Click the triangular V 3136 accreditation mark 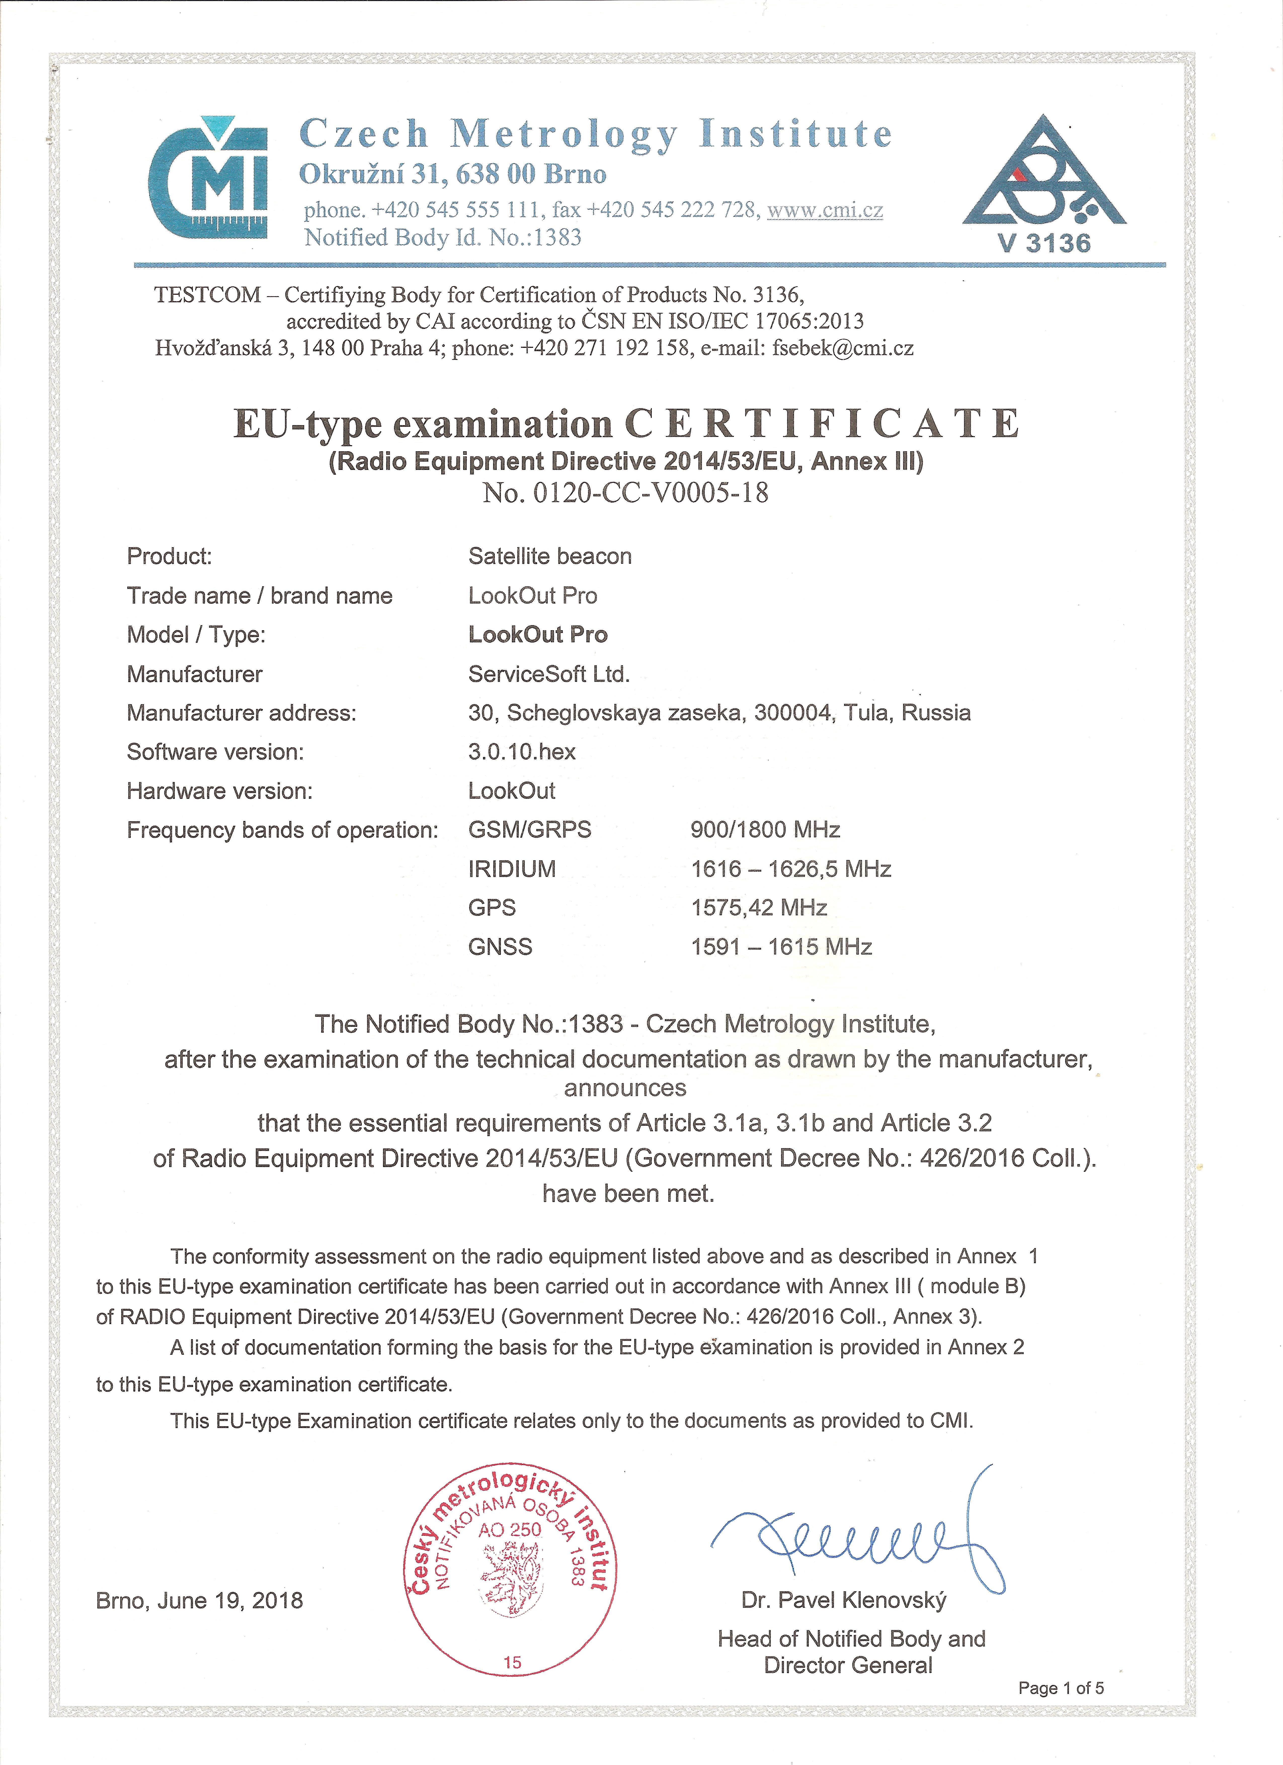(x=1044, y=187)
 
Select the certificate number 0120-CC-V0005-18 (x=651, y=493)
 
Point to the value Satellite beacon (x=549, y=556)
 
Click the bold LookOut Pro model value (x=538, y=634)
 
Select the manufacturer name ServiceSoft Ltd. (x=548, y=674)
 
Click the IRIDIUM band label (x=512, y=869)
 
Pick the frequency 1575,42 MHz (x=758, y=907)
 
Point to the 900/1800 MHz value (x=765, y=830)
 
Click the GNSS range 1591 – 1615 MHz (x=781, y=947)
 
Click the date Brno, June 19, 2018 (x=199, y=1601)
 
